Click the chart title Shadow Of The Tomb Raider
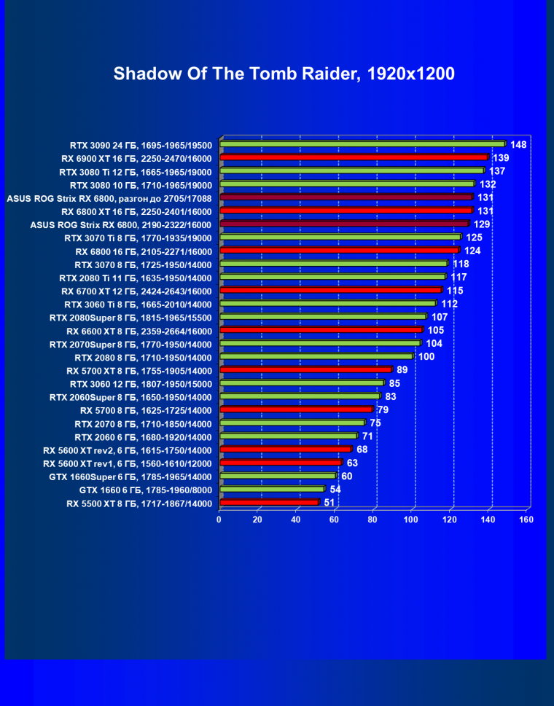click(x=284, y=74)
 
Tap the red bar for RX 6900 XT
click(x=354, y=157)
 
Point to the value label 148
click(x=518, y=144)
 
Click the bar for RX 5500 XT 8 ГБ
click(x=269, y=503)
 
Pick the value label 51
click(x=329, y=503)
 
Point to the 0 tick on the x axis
click(x=219, y=520)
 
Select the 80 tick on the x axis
click(x=372, y=520)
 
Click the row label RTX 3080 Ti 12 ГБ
click(x=136, y=171)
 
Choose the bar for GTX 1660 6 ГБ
click(x=272, y=489)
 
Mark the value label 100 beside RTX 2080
click(x=426, y=357)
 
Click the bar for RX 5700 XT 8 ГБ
click(x=305, y=370)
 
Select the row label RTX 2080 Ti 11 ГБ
click(x=136, y=278)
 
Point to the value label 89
click(x=402, y=370)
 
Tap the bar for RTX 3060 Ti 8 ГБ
click(x=327, y=304)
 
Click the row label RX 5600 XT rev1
click(x=128, y=463)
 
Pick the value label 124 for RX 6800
click(x=472, y=251)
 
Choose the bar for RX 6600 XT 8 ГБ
click(x=321, y=330)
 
